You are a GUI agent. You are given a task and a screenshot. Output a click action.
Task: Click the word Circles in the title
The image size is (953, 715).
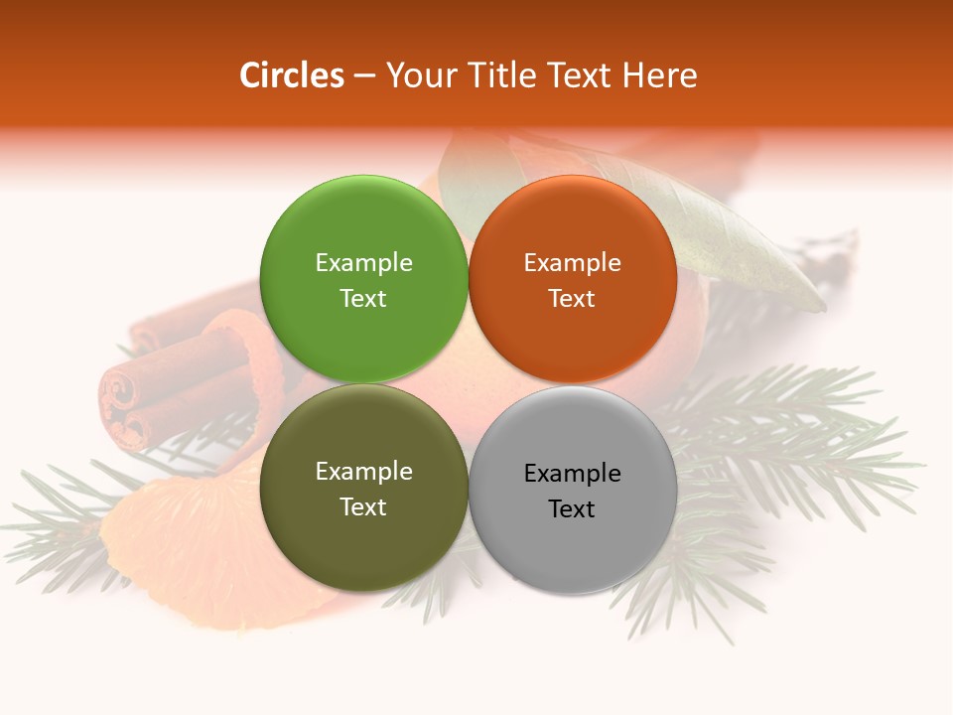pos(291,75)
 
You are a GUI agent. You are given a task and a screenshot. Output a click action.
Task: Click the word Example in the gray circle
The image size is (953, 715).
pos(572,474)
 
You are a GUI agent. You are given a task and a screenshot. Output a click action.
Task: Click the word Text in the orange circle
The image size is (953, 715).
pos(572,299)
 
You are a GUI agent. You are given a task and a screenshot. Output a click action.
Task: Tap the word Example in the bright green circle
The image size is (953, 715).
pos(363,263)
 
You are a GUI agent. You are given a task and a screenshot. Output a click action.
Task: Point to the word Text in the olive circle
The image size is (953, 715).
pos(363,507)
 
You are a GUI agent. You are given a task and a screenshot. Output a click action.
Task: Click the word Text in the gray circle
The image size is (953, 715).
pos(572,509)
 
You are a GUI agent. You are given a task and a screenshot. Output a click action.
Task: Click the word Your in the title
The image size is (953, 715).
pos(419,75)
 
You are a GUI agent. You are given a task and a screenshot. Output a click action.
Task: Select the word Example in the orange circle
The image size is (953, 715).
pos(572,263)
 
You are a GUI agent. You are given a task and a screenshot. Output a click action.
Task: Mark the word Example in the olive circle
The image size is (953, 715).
pos(363,472)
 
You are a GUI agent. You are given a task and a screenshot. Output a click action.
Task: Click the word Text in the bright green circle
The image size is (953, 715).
pos(363,299)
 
